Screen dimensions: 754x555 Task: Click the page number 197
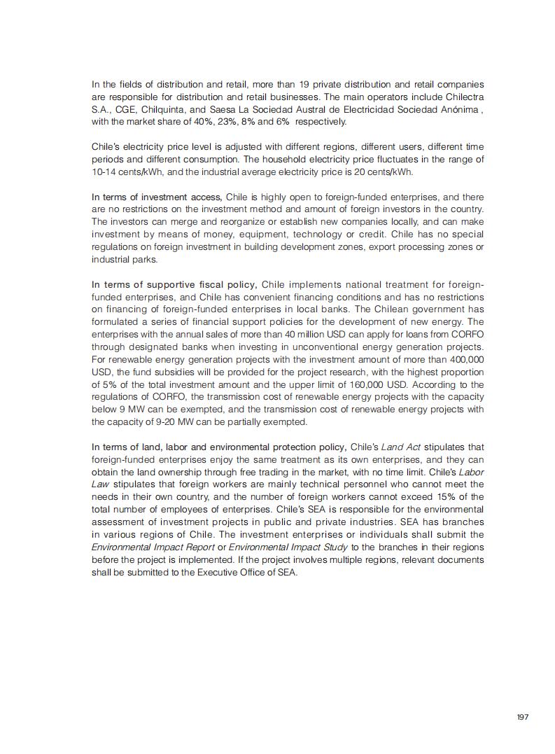(x=522, y=717)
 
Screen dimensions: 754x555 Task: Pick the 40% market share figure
(x=220, y=122)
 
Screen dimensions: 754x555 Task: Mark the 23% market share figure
(x=244, y=122)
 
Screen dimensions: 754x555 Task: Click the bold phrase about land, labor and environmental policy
(x=218, y=447)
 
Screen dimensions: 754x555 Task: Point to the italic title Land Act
(x=400, y=447)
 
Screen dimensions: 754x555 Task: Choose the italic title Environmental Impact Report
(x=153, y=547)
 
